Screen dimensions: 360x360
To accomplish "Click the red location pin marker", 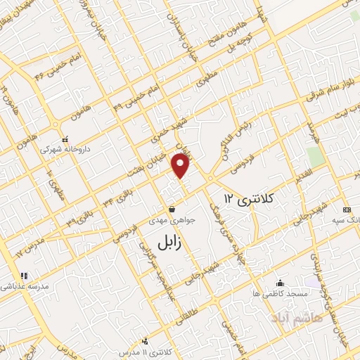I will pyautogui.click(x=182, y=166).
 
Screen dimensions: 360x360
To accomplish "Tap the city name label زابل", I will pyautogui.click(x=167, y=244).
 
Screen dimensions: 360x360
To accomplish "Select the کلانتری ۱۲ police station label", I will pyautogui.click(x=249, y=199).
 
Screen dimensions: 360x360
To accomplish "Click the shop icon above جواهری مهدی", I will pyautogui.click(x=172, y=209).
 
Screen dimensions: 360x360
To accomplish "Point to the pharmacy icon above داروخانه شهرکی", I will pyautogui.click(x=65, y=139).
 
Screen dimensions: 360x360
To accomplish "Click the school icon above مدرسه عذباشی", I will pyautogui.click(x=22, y=276).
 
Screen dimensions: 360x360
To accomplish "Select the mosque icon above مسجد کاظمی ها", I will pyautogui.click(x=281, y=282).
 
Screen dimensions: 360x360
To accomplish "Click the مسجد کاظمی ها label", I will pyautogui.click(x=280, y=292).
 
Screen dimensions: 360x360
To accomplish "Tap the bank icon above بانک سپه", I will pyautogui.click(x=346, y=210).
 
